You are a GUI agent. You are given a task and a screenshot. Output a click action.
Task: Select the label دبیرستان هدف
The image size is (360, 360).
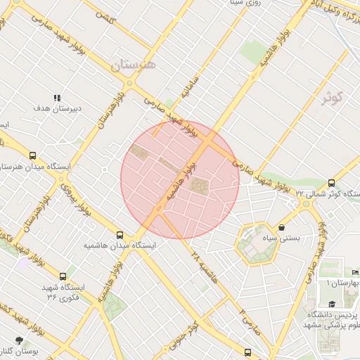click(x=59, y=110)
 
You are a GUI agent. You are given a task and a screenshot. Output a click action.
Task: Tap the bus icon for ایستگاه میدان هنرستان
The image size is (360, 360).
click(x=32, y=156)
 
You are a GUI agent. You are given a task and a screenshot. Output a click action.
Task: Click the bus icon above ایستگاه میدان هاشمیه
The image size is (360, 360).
click(x=120, y=235)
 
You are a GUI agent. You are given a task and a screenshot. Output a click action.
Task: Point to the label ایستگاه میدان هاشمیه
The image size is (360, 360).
click(x=119, y=247)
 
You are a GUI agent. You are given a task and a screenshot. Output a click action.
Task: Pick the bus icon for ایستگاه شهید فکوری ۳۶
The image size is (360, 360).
click(x=63, y=276)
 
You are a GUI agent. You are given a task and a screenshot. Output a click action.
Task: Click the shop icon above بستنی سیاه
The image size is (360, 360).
click(x=282, y=228)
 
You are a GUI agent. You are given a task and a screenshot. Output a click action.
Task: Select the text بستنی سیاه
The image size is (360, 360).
click(x=281, y=238)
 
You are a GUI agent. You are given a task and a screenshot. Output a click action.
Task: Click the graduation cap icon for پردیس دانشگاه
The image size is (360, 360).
click(x=332, y=304)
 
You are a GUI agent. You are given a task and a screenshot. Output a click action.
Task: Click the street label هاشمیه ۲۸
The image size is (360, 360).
click(x=205, y=268)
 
